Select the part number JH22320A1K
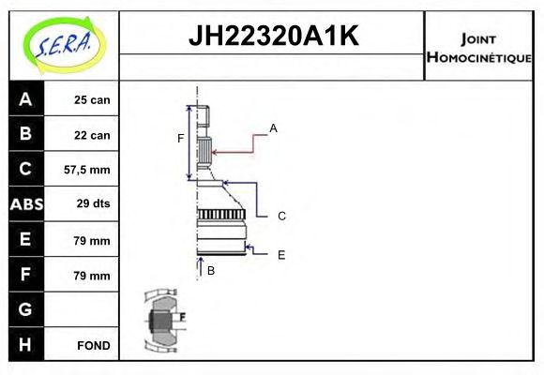273,37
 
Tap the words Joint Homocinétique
478,48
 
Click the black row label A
25,99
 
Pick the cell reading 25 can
92,100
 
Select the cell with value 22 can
92,135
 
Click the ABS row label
25,204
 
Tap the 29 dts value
92,204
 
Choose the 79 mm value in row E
92,240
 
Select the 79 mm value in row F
92,276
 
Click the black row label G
25,309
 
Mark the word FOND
93,345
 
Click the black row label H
25,344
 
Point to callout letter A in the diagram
273,127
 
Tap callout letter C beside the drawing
281,216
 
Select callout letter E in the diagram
281,254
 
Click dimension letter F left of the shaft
181,139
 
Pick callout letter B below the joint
211,271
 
